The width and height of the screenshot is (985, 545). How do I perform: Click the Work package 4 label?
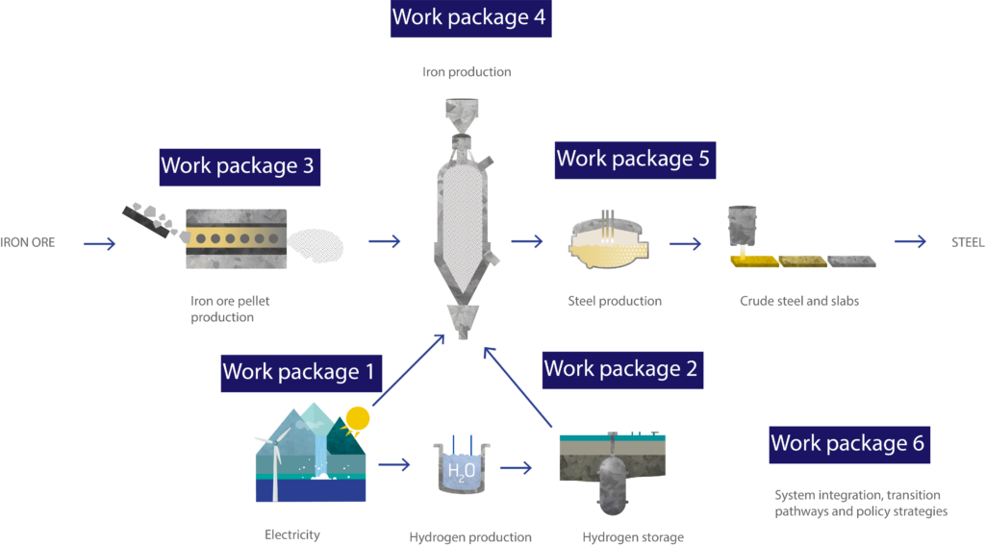click(x=470, y=17)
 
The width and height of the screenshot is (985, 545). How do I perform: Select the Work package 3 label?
click(x=238, y=165)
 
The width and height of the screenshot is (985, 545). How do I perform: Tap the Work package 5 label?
click(x=633, y=159)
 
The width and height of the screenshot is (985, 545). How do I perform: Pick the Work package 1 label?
click(x=298, y=371)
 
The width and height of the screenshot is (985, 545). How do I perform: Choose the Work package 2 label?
click(x=620, y=368)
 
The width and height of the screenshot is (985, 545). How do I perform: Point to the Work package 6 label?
click(x=847, y=443)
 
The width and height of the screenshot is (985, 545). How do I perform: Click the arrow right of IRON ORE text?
click(x=99, y=244)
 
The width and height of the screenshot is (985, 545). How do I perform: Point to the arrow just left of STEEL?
click(x=910, y=242)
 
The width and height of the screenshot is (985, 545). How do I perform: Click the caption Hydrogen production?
click(x=470, y=537)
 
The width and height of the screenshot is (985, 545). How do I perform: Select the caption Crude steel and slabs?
click(x=798, y=301)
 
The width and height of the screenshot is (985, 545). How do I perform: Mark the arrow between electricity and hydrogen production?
click(x=394, y=466)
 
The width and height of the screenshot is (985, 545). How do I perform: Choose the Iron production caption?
click(x=467, y=72)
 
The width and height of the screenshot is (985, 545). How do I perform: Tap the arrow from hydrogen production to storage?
click(x=516, y=468)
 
